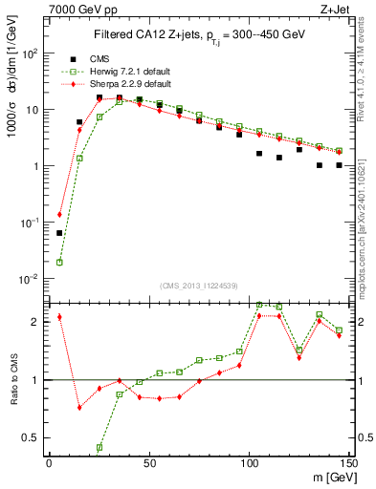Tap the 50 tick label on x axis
148,463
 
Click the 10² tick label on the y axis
31,53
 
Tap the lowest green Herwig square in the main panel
59,262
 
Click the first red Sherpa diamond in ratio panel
59,317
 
